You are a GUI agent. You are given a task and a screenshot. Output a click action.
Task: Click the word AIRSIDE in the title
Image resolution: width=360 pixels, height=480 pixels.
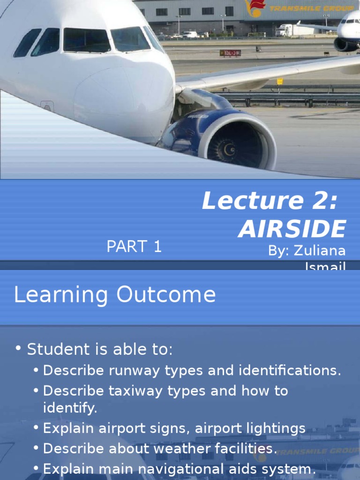[x=292, y=229]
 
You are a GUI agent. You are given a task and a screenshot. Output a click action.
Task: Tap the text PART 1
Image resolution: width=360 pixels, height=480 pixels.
[x=134, y=247]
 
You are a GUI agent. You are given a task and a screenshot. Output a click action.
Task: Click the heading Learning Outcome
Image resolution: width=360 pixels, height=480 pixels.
[x=115, y=295]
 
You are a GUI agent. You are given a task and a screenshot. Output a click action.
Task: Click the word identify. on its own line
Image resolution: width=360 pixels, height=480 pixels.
[x=70, y=408]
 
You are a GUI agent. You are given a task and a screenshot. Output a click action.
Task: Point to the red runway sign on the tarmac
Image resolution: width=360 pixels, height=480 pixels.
[x=230, y=53]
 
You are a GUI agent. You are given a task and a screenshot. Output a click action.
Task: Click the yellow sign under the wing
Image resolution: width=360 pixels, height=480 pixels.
[x=280, y=81]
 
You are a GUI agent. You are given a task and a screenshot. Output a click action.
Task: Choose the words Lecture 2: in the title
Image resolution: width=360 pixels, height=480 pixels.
[x=269, y=201]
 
